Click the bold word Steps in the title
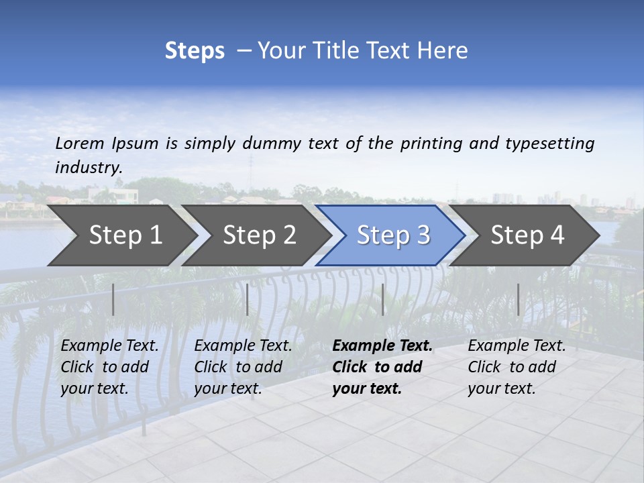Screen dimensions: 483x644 point(195,50)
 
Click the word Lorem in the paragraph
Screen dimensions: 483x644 point(80,143)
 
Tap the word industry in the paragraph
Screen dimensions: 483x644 point(89,167)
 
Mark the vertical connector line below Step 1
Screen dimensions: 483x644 point(113,299)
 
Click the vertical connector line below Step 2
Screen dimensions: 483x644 point(248,299)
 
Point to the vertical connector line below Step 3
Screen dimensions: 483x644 point(382,299)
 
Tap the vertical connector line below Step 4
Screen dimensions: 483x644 point(518,299)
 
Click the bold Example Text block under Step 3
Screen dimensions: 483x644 point(382,367)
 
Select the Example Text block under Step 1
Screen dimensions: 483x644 point(109,367)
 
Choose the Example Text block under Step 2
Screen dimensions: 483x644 point(243,367)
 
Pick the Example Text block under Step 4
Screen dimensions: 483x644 point(517,367)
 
